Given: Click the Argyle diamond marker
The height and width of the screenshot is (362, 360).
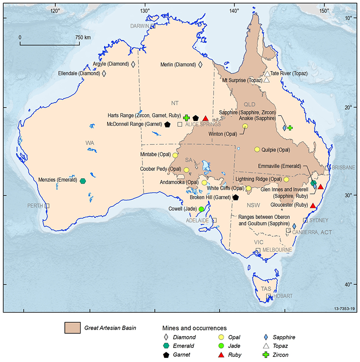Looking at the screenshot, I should click(133, 64).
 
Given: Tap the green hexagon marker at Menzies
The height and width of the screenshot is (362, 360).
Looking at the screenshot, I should click(83, 181).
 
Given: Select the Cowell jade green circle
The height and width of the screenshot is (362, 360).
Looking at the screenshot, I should click(201, 209).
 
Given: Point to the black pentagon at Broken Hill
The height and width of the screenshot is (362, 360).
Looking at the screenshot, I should click(235, 197).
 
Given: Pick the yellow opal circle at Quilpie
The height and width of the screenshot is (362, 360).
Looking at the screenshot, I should click(257, 149).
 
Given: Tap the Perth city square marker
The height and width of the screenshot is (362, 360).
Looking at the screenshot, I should click(47, 206).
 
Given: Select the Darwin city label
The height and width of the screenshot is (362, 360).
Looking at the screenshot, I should click(139, 26).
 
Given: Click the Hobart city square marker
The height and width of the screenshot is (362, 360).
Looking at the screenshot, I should click(269, 296).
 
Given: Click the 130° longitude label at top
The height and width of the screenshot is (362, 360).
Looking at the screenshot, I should click(145, 10).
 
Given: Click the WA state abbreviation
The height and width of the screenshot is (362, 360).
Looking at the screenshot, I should click(90, 143).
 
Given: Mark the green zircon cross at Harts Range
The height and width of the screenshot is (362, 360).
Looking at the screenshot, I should click(186, 117).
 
